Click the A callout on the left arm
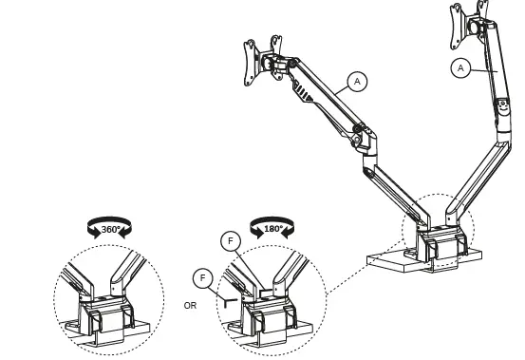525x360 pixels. coord(357,82)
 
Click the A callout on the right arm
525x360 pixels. coord(460,67)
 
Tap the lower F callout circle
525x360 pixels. coord(200,277)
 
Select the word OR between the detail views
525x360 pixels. coord(191,306)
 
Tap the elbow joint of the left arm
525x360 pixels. coord(361,138)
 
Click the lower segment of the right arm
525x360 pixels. coord(475,180)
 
